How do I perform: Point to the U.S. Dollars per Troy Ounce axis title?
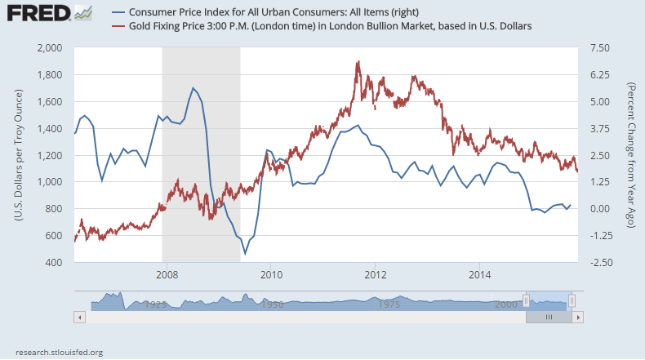point(18,155)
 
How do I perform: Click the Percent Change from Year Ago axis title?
point(631,155)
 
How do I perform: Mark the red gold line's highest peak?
point(358,61)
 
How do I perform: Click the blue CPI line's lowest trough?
point(245,254)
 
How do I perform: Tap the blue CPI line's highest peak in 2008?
point(193,88)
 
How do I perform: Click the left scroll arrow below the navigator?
point(78,316)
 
